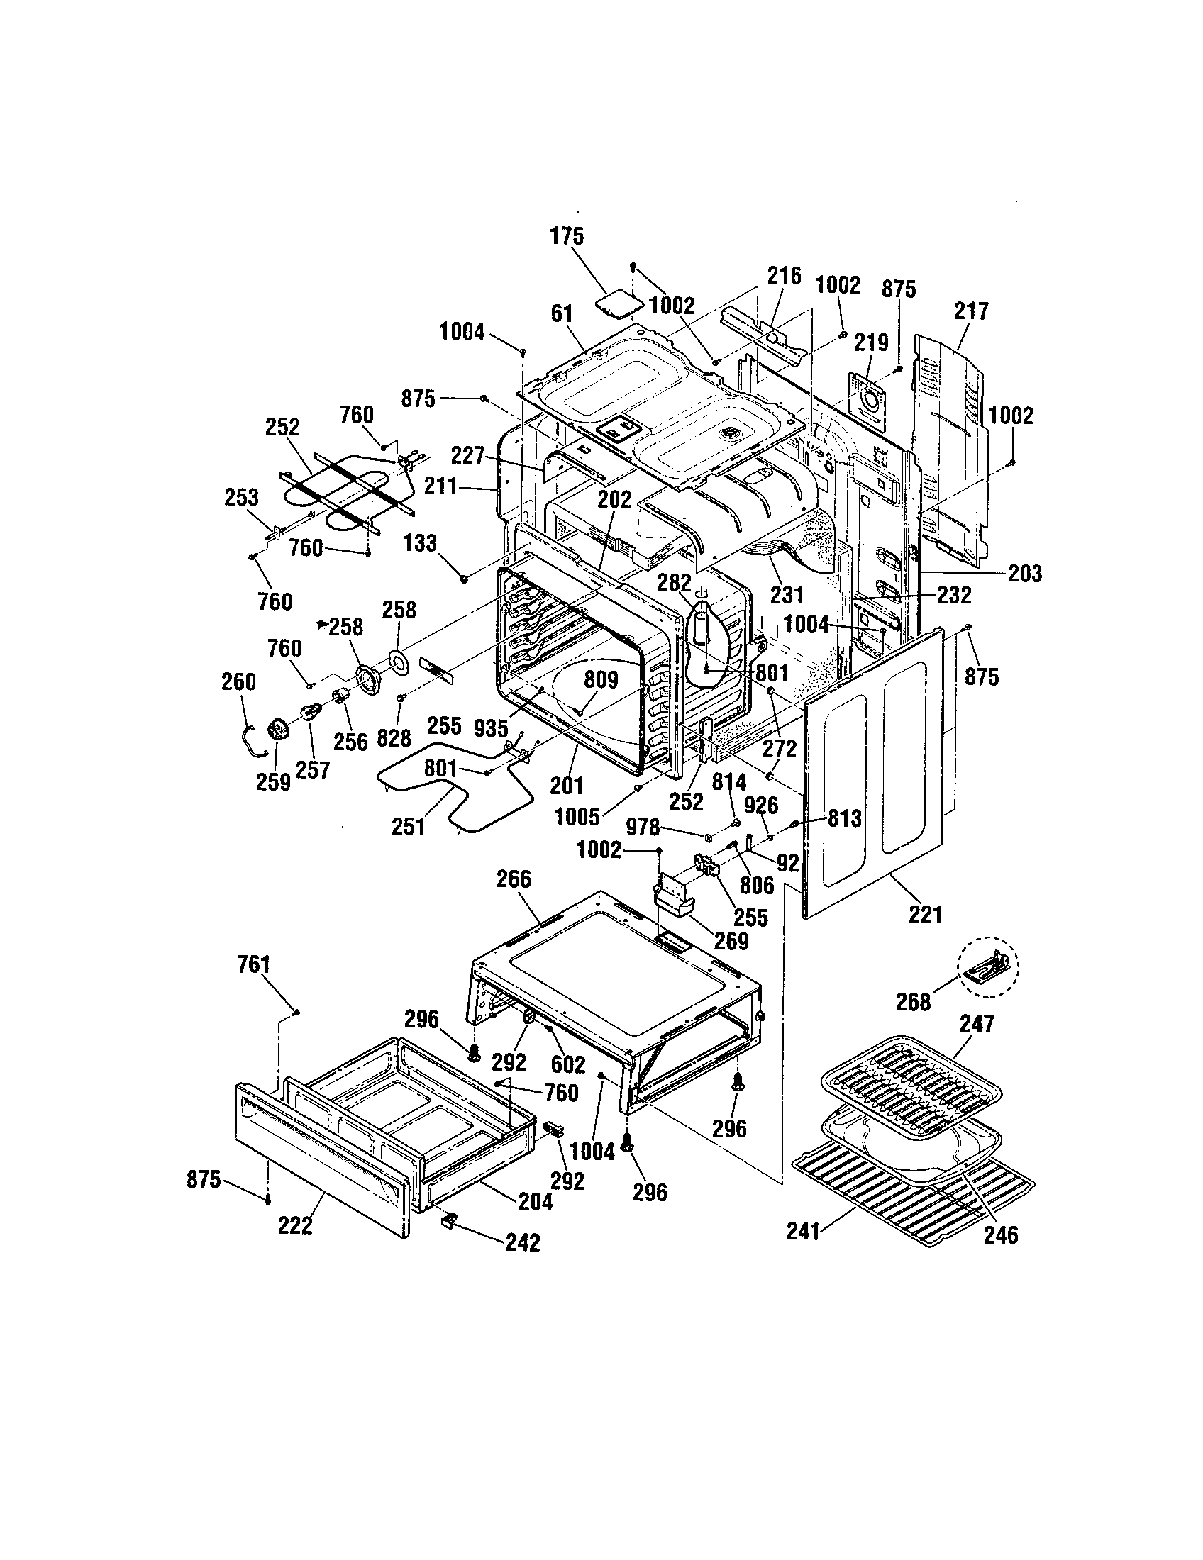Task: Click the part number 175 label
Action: (567, 235)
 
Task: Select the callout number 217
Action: (971, 311)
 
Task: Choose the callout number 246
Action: (1001, 1235)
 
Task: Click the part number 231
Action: (787, 594)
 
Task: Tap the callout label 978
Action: (643, 827)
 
